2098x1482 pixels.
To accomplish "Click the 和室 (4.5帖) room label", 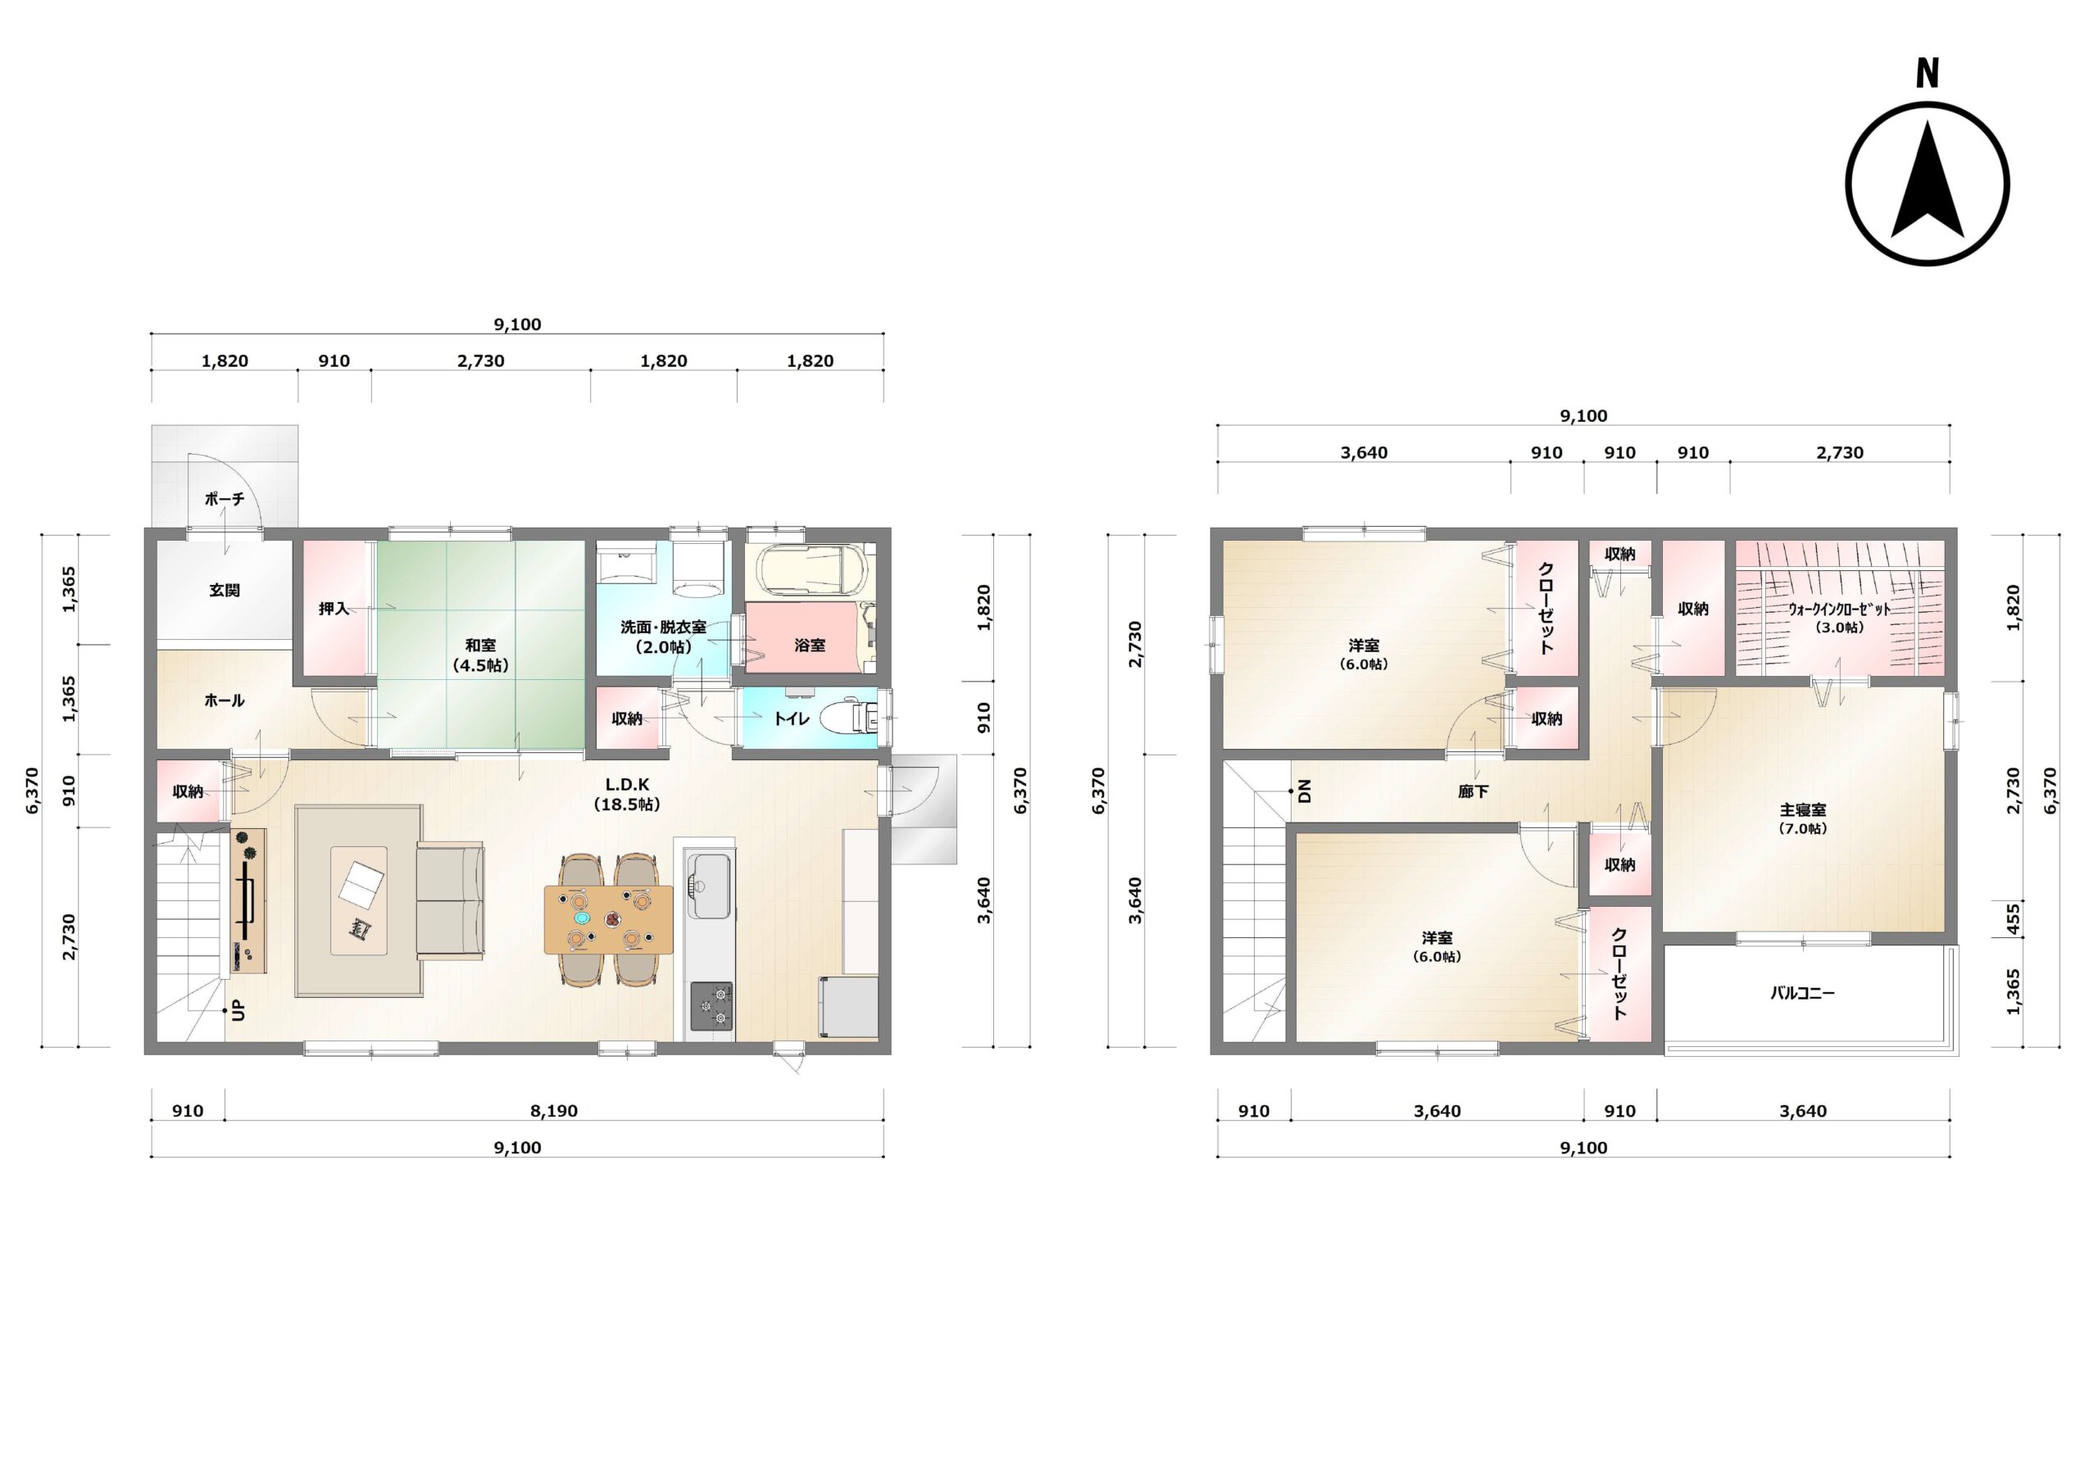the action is (480, 655).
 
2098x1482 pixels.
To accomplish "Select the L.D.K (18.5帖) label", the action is (627, 794).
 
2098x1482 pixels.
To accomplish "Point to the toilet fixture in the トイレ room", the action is (849, 719).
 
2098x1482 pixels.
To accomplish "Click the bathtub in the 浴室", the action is (810, 571).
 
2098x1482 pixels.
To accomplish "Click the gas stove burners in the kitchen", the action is (711, 1006).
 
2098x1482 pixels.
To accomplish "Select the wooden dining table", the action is (609, 919).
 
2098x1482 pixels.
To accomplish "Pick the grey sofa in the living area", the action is (451, 902).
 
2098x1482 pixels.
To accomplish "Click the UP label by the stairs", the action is (238, 1011).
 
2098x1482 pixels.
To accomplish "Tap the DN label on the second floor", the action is (1304, 791).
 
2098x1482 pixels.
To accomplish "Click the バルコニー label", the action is (1802, 992).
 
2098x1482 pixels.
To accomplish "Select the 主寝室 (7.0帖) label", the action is (1803, 818).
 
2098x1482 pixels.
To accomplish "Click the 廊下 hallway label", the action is (1472, 792).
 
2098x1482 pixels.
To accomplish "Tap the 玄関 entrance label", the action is (225, 590).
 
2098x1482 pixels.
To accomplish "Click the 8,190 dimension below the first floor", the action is (554, 1111).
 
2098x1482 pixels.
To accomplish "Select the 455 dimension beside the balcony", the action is (2013, 919).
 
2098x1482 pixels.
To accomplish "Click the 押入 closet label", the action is (334, 609).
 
